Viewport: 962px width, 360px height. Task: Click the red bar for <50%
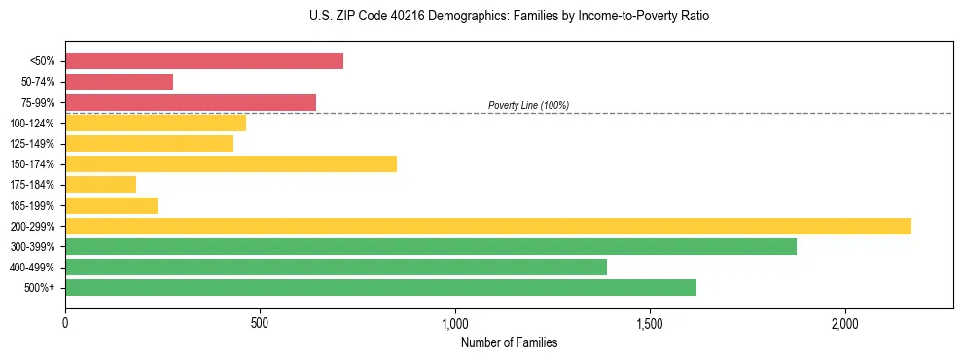204,61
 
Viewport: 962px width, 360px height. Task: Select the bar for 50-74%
119,82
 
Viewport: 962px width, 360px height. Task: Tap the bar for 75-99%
191,102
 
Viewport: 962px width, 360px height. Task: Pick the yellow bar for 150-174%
231,163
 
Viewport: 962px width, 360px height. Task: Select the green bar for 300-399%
431,246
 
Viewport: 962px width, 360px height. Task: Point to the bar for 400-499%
336,267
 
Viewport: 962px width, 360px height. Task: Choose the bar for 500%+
380,287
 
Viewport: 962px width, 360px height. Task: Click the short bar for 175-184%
100,184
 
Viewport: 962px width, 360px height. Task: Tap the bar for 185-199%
111,205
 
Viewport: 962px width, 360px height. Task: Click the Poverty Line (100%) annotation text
528,105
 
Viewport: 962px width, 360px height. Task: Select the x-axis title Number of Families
509,342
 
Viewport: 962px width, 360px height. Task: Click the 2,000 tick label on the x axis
845,323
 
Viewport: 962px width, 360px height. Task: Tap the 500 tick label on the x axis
260,323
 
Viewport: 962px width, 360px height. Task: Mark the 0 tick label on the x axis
65,323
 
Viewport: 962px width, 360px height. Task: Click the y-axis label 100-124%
32,124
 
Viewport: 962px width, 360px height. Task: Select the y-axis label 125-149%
32,144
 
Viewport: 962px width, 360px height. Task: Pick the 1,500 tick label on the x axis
650,323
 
